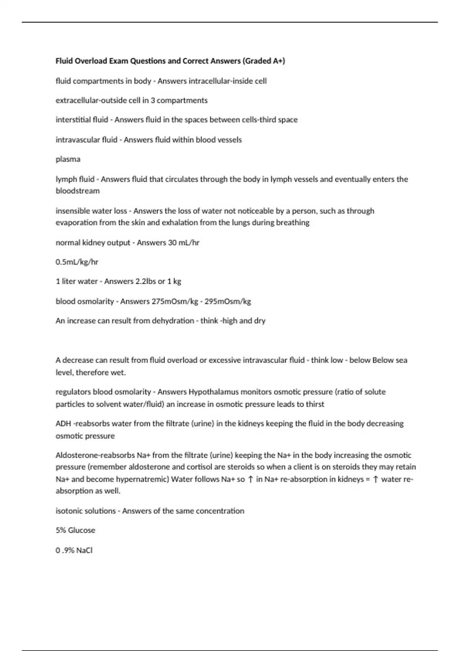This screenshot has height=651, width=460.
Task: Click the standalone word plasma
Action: pos(68,159)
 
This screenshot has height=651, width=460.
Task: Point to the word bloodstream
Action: pos(77,191)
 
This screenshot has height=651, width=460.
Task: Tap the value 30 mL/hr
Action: pos(184,242)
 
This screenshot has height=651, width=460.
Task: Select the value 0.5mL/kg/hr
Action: pos(77,262)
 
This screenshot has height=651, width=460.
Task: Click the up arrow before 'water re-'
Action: pos(376,479)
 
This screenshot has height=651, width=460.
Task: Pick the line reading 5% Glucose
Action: pos(76,530)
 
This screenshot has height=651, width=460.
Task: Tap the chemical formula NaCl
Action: pos(84,550)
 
